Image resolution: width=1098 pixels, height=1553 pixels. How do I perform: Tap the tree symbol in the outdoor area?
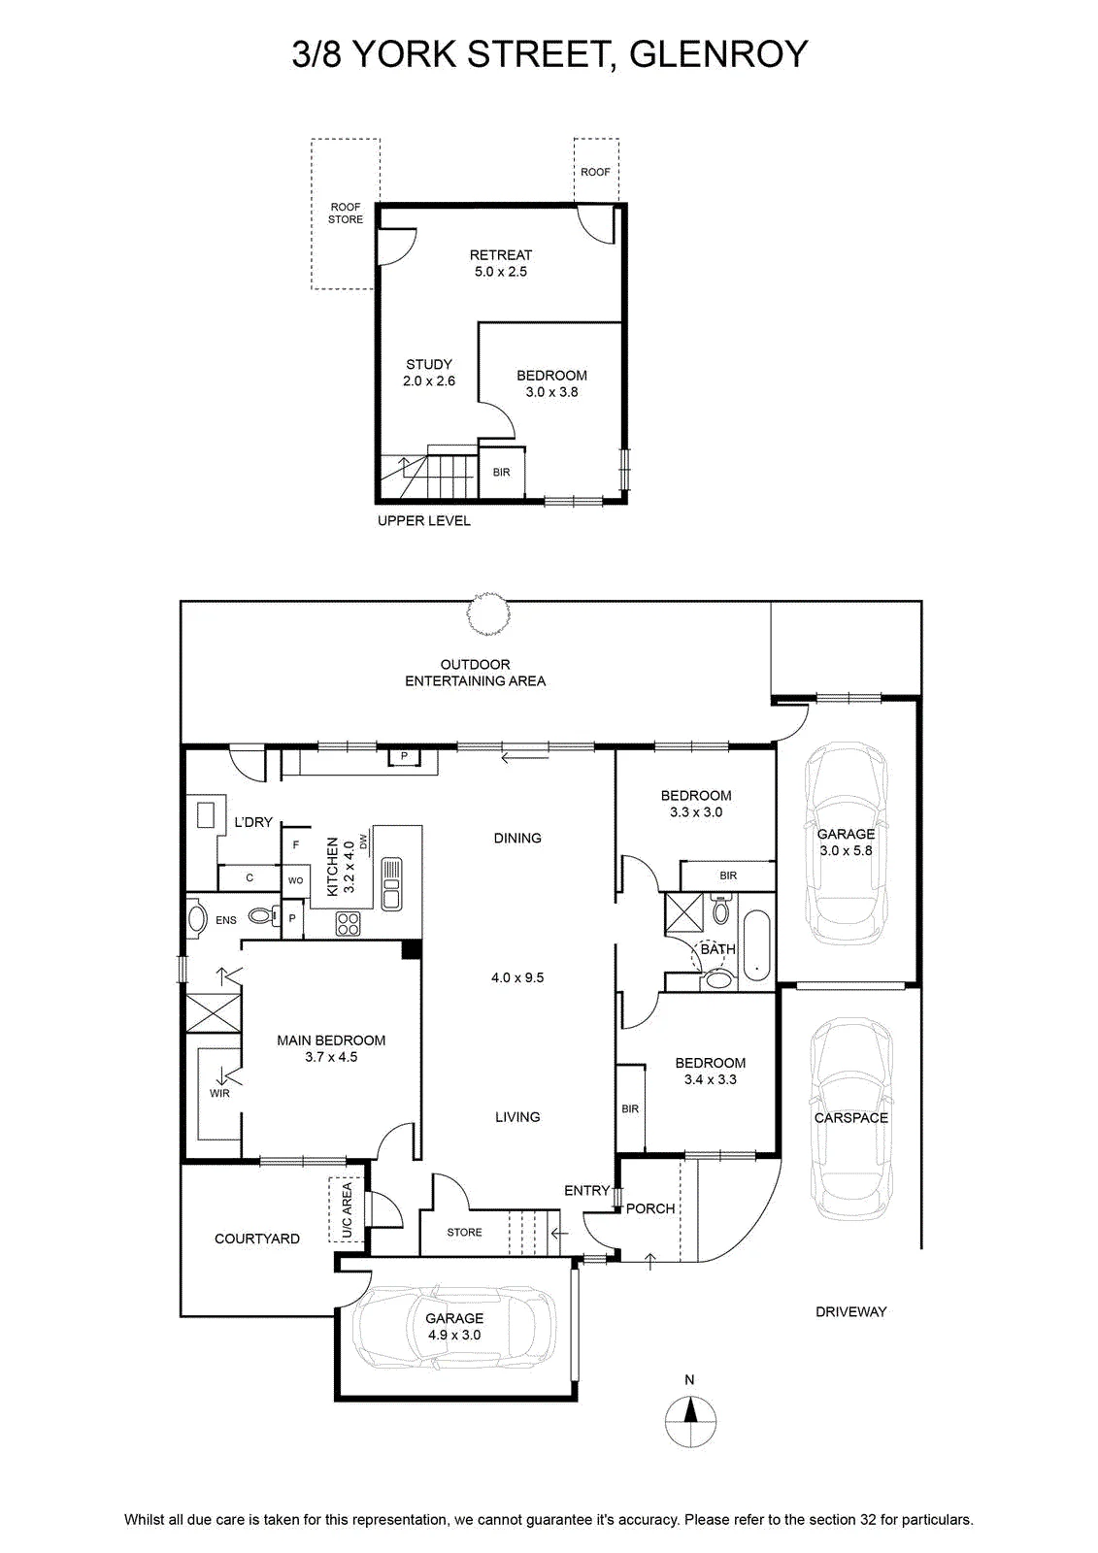(487, 612)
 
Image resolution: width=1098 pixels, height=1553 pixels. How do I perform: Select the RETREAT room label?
(501, 255)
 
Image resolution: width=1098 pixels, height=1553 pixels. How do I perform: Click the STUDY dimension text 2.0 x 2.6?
(429, 380)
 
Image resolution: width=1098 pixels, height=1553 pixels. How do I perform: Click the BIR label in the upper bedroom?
(502, 472)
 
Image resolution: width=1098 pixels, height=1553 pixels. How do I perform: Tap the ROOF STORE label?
(346, 213)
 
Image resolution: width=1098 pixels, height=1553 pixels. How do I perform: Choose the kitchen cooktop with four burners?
(348, 923)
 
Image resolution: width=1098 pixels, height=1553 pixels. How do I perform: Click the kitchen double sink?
(391, 883)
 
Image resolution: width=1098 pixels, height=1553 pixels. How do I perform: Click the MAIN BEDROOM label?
(331, 1040)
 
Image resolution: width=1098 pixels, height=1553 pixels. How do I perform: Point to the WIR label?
(219, 1093)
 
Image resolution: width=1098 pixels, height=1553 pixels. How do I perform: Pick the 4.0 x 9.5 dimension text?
(517, 977)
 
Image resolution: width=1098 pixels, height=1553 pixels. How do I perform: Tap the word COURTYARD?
(257, 1239)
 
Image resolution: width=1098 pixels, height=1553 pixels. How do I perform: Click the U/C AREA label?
(347, 1211)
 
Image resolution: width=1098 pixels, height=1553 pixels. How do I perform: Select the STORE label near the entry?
(464, 1232)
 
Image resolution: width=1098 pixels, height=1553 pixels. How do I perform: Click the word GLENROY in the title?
(718, 54)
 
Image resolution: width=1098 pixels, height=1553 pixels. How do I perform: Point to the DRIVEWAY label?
(851, 1311)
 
